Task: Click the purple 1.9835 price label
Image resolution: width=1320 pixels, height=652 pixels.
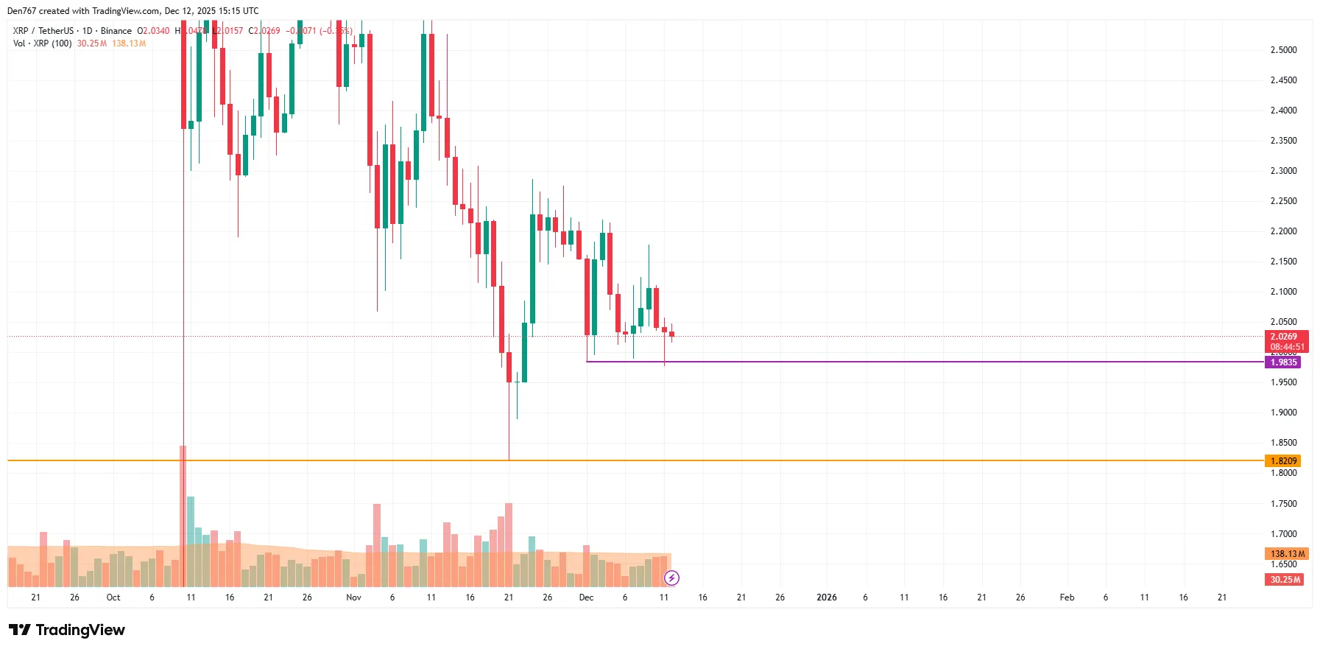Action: tap(1282, 362)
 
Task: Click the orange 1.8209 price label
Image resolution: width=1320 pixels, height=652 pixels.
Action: tap(1282, 461)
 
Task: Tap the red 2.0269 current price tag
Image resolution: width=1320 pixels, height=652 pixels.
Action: tap(1285, 337)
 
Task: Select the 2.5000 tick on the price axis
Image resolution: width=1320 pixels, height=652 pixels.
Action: tap(1283, 50)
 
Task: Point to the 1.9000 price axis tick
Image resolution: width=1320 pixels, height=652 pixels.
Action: tap(1283, 413)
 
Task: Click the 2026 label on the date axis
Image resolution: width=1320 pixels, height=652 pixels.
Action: tap(826, 597)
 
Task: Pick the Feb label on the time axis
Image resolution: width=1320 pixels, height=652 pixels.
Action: tap(1066, 597)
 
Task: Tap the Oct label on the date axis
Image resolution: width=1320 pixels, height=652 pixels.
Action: tap(113, 597)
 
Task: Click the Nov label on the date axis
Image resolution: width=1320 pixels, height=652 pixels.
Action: tap(353, 597)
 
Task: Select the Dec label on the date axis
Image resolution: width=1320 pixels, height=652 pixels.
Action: tap(586, 597)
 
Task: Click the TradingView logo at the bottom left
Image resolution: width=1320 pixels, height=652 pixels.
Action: tap(67, 630)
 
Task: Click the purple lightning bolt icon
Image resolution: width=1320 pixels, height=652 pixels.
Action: tap(671, 578)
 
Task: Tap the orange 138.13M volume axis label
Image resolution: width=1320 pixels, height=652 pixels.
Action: tap(1285, 554)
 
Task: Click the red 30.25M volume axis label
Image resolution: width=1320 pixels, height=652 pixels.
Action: tap(1285, 580)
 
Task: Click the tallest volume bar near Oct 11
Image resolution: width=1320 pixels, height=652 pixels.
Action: tap(183, 516)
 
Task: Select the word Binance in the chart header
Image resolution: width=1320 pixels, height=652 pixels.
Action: tap(116, 31)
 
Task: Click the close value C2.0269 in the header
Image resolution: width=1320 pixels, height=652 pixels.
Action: tap(264, 31)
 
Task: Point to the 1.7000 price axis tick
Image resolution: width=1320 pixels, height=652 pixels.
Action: tap(1283, 534)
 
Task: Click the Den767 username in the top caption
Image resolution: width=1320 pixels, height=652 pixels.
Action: tap(21, 11)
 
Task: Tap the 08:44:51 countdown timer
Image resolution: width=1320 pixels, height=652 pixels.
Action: tap(1286, 347)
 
